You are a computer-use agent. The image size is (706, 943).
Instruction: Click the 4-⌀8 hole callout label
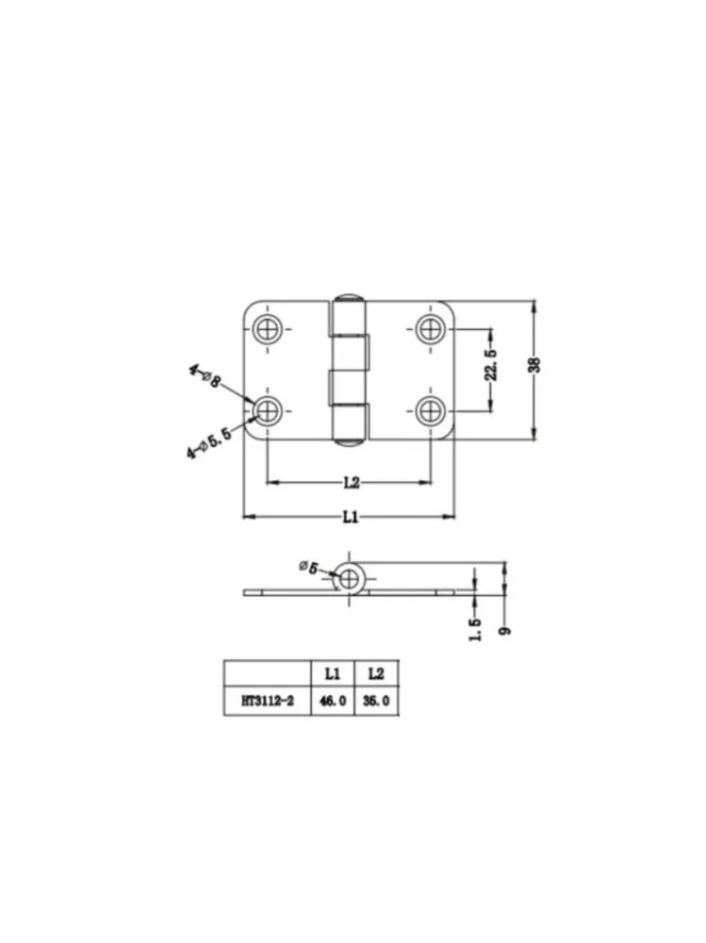tap(205, 376)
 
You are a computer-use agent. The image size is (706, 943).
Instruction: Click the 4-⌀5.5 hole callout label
tap(208, 444)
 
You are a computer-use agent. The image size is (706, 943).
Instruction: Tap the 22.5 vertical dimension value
tap(491, 364)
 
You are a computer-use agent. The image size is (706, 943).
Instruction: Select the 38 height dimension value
tap(534, 365)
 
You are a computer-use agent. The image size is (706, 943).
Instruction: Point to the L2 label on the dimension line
tap(352, 482)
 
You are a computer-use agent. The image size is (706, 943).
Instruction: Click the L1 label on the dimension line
tap(350, 517)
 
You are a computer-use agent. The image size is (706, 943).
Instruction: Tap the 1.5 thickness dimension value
tap(475, 630)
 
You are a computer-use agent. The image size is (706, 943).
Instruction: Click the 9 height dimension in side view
tap(506, 630)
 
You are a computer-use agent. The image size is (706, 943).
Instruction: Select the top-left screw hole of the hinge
tap(267, 329)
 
